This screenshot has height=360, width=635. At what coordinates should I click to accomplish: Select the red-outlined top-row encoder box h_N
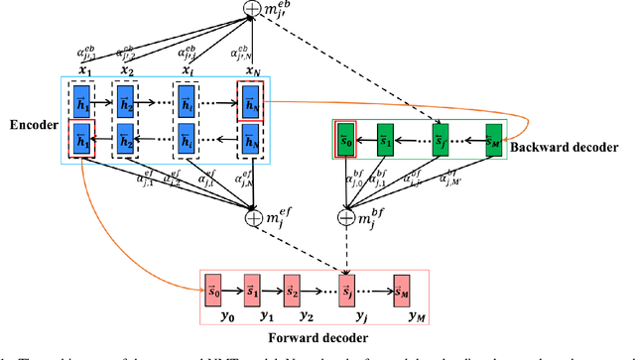248,99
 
